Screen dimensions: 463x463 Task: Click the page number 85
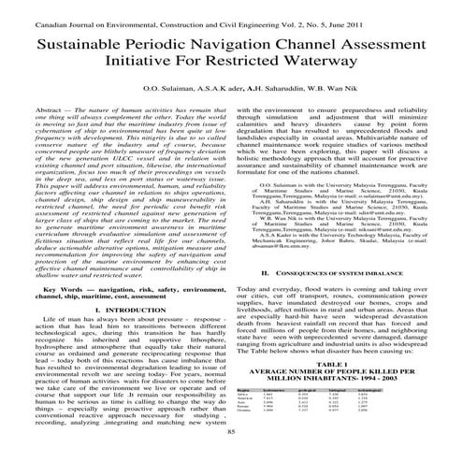[x=231, y=454]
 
